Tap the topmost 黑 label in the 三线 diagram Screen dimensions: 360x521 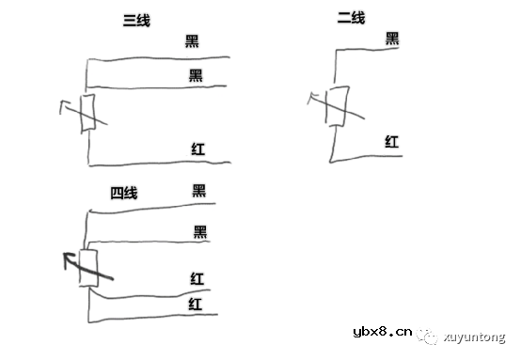pyautogui.click(x=193, y=41)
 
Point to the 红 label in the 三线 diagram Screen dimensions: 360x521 pyautogui.click(x=198, y=149)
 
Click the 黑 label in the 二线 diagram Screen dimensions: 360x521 pyautogui.click(x=393, y=39)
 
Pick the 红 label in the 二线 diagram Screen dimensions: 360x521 pyautogui.click(x=392, y=141)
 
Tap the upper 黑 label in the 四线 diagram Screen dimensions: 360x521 pyautogui.click(x=198, y=191)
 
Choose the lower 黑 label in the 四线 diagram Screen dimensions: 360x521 pyautogui.click(x=199, y=231)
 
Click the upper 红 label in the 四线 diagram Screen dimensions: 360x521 pyautogui.click(x=197, y=278)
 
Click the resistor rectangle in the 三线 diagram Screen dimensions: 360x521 pyautogui.click(x=87, y=115)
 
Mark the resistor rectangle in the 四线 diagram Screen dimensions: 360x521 pyautogui.click(x=87, y=270)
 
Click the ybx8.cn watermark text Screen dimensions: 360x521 pyautogui.click(x=382, y=331)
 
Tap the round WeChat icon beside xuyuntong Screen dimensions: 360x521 pyautogui.click(x=428, y=332)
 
